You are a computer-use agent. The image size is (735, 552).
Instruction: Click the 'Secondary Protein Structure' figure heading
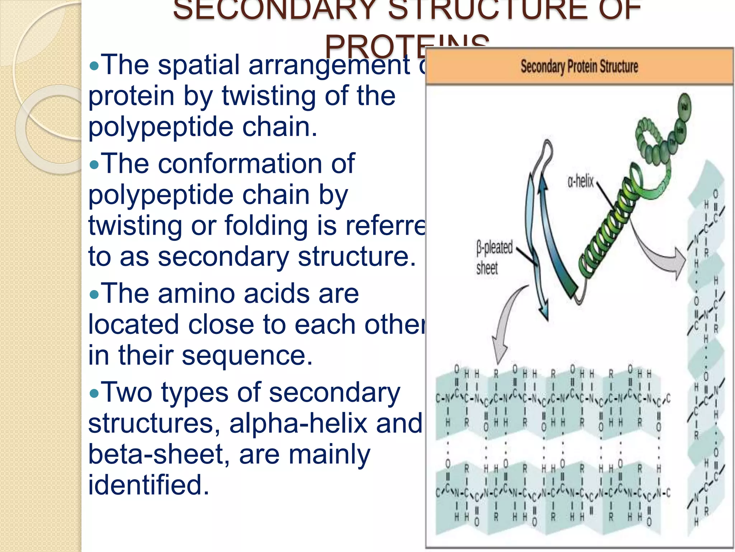[579, 67]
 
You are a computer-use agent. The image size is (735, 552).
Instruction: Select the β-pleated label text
[494, 248]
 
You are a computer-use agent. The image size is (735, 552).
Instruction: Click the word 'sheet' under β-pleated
[487, 268]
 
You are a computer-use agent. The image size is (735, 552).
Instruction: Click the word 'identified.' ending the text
[149, 485]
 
